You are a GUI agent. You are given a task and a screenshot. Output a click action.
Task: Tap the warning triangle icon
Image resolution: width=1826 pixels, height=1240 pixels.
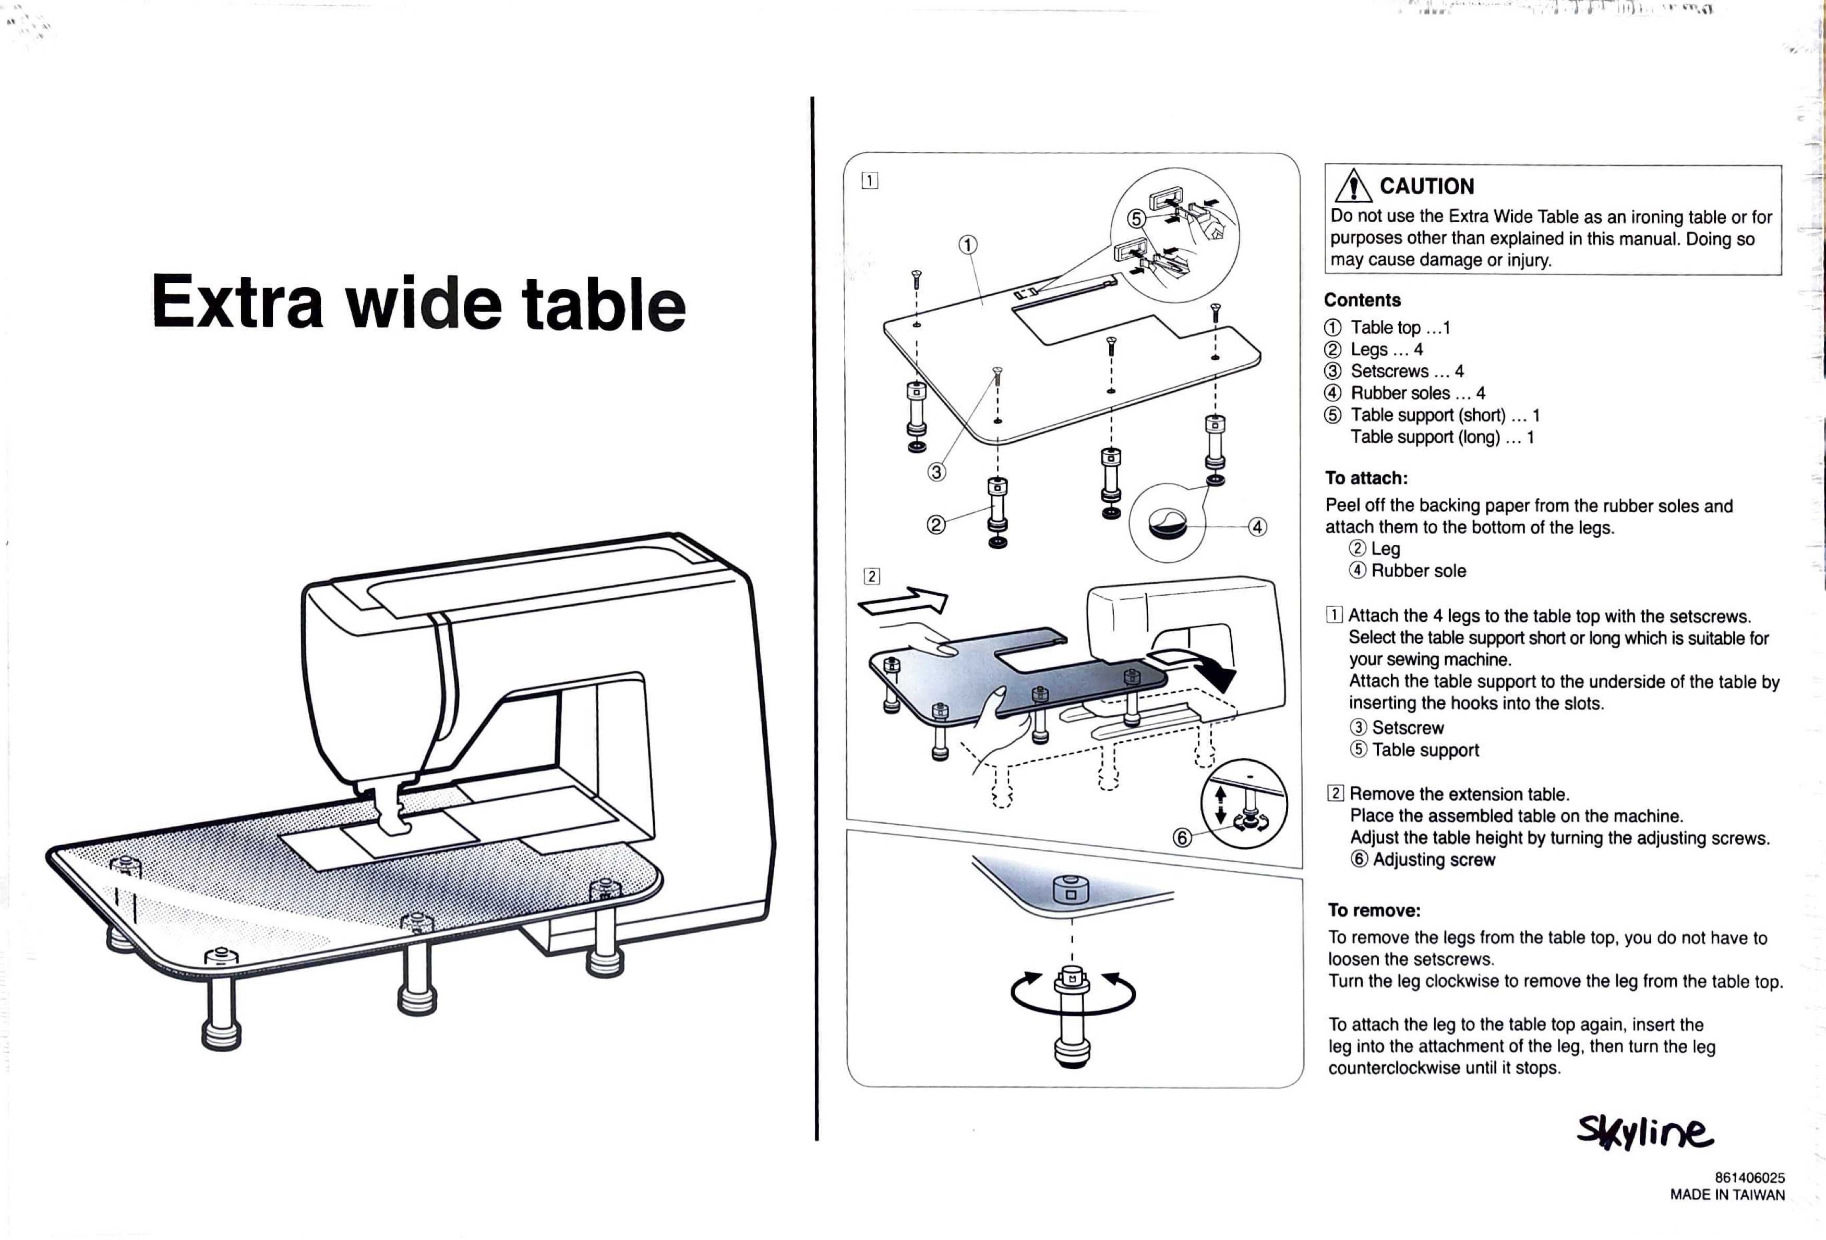[1353, 187]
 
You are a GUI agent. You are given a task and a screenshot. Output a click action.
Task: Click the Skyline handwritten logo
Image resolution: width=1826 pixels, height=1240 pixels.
[1644, 1133]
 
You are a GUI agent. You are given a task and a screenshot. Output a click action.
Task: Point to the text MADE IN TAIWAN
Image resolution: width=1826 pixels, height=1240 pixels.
[1727, 1195]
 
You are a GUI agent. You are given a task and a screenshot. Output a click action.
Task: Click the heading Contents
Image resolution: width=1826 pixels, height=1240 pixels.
[1362, 300]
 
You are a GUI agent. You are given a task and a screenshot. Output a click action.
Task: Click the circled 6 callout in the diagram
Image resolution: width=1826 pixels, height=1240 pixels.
[1182, 838]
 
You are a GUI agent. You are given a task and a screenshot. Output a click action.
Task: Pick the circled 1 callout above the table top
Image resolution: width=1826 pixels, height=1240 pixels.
[968, 245]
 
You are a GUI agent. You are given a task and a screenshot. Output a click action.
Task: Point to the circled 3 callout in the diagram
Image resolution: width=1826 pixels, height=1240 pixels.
[936, 472]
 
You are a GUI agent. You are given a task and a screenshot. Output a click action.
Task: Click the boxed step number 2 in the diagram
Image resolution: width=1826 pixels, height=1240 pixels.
[871, 576]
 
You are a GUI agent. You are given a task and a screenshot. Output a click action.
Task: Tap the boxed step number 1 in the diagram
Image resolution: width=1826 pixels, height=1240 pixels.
[870, 180]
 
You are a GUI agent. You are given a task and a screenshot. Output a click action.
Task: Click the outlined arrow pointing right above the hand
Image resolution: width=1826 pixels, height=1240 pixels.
[904, 603]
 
